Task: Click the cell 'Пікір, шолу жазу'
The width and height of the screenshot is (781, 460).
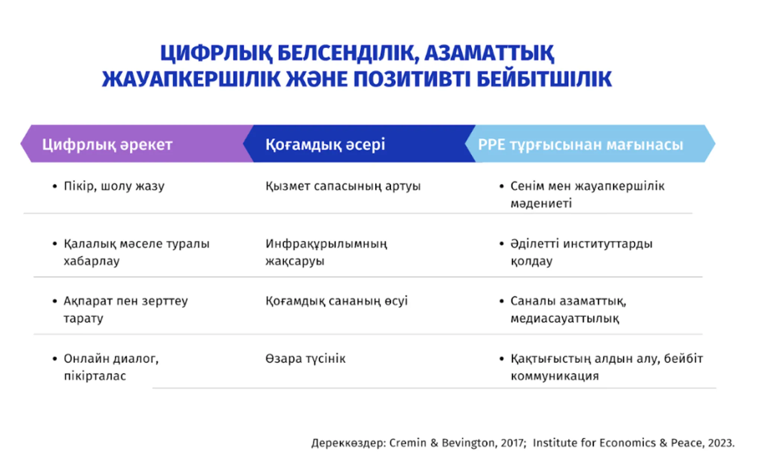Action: pyautogui.click(x=114, y=186)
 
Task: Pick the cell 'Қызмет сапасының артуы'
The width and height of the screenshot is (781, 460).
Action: pyautogui.click(x=343, y=186)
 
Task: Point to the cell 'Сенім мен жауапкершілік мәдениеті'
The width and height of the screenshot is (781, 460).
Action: pyautogui.click(x=587, y=194)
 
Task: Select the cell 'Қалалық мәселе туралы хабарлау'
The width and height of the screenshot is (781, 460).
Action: pyautogui.click(x=136, y=252)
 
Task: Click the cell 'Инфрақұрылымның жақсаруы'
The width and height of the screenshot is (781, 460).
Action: pyautogui.click(x=326, y=252)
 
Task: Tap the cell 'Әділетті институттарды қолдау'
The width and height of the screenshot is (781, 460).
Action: pyautogui.click(x=581, y=252)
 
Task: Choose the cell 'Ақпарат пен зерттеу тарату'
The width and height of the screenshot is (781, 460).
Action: pyautogui.click(x=126, y=309)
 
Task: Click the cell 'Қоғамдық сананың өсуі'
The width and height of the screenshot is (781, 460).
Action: pyautogui.click(x=337, y=301)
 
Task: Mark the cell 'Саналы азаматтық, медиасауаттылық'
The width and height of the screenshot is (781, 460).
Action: pyautogui.click(x=568, y=309)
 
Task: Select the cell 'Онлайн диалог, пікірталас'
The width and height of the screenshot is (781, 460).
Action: pyautogui.click(x=111, y=367)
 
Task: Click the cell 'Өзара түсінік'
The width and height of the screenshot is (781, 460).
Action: pyautogui.click(x=305, y=358)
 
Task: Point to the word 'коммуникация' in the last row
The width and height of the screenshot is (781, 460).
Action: pyautogui.click(x=555, y=376)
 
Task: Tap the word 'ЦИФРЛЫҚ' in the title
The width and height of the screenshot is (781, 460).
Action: pyautogui.click(x=216, y=53)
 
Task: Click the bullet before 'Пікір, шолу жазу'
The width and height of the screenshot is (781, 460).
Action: pyautogui.click(x=55, y=186)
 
